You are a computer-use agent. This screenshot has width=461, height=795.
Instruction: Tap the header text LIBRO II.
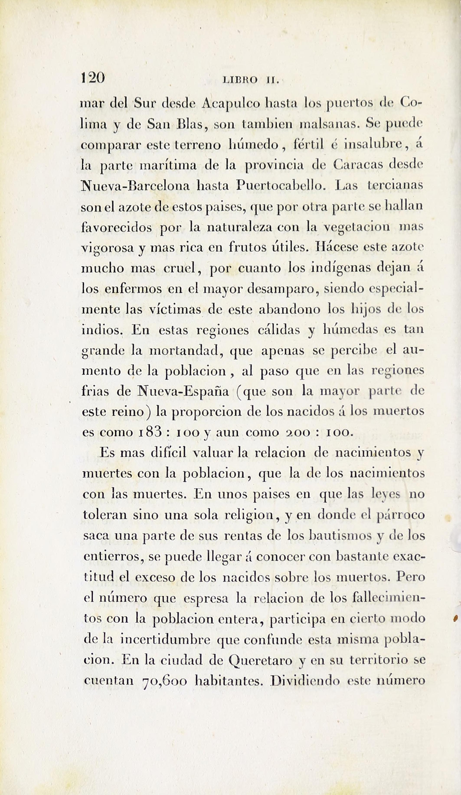click(251, 80)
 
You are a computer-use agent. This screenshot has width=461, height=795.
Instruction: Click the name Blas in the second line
click(191, 124)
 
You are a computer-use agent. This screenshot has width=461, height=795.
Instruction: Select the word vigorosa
click(108, 248)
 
